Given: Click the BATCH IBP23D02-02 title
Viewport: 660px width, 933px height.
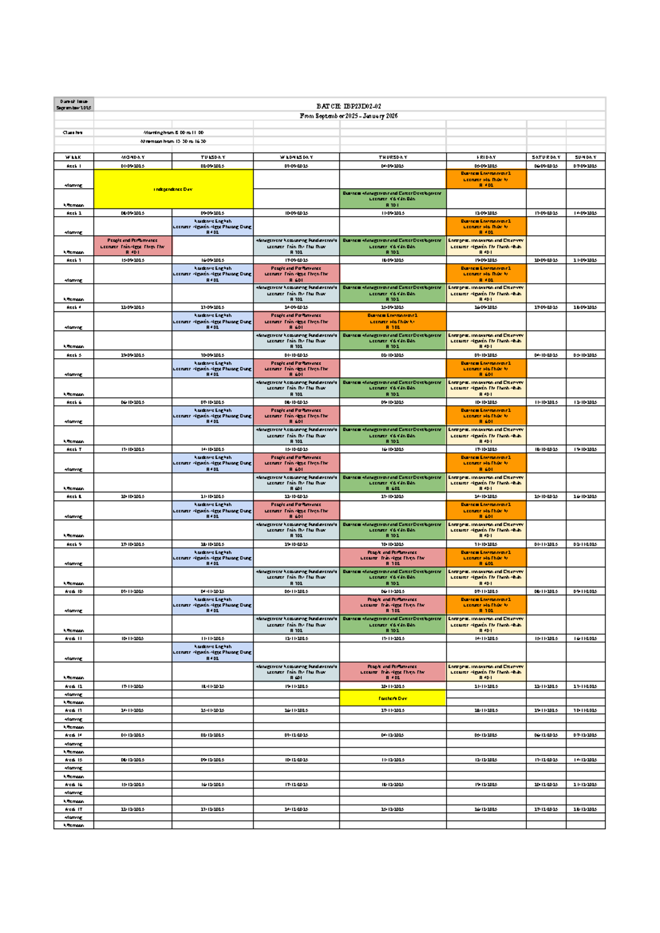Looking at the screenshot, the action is (349, 106).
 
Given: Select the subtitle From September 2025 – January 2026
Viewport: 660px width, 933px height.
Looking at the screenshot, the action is (349, 116).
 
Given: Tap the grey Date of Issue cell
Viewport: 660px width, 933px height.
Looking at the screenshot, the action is (74, 105).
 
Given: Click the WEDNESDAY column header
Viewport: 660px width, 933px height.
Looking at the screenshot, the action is (296, 157).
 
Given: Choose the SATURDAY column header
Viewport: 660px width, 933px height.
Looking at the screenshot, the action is (546, 157).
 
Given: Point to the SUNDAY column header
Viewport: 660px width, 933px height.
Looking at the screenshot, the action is (585, 157).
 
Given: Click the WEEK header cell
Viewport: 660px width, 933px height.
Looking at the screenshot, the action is (74, 157).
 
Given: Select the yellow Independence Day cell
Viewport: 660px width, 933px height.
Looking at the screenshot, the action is (173, 189).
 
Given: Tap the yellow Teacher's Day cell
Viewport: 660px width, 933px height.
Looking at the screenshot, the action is (393, 699).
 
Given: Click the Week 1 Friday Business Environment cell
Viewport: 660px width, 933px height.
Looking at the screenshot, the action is (486, 179).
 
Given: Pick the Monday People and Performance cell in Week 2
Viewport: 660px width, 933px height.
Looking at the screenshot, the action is (133, 246).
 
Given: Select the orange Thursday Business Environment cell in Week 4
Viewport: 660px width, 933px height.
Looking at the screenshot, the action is (393, 321).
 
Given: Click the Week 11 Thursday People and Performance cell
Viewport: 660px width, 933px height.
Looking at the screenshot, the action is (393, 672).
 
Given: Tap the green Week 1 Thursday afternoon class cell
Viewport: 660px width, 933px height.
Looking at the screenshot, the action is (393, 199).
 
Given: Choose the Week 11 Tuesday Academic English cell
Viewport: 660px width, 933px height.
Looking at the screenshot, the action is (212, 652).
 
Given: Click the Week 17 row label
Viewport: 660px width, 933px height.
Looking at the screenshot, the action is (74, 810).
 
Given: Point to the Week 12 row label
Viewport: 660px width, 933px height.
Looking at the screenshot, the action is (74, 687).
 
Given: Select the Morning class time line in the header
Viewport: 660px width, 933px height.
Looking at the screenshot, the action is (174, 133).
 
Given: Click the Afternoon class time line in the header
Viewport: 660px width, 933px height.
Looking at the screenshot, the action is (174, 141).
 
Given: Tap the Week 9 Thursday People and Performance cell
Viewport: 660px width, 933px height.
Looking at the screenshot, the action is (393, 558).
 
